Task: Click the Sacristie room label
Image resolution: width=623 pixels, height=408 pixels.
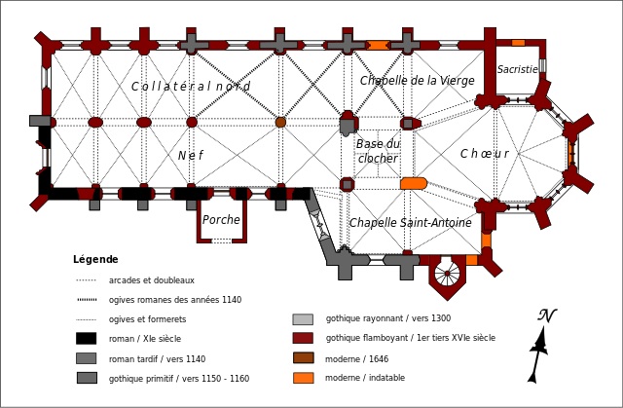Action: coord(517,69)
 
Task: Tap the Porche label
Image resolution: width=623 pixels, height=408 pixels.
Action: coord(221,220)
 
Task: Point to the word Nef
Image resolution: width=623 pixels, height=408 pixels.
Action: coord(191,156)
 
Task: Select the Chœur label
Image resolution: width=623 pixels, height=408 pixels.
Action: coord(485,153)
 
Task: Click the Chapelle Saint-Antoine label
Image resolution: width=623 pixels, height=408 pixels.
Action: coord(411,222)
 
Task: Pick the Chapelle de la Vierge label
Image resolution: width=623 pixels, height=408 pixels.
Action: coord(418,81)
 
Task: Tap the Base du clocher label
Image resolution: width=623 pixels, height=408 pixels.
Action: coord(378,151)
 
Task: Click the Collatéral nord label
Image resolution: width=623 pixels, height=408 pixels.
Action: coord(191,87)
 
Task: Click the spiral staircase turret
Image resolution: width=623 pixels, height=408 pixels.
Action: coord(447,274)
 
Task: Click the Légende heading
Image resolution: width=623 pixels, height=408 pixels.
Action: coord(95,259)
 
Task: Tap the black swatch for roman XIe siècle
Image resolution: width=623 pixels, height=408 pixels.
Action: coord(87,339)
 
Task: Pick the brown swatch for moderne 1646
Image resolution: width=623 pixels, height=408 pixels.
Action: coord(304,358)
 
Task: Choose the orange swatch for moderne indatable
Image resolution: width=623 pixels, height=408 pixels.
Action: coord(304,378)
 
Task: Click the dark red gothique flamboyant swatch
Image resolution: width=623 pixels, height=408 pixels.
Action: coord(303,338)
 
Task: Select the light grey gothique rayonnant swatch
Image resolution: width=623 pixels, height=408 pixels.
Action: coord(303,319)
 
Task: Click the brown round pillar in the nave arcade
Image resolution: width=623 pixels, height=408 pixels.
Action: coord(280,122)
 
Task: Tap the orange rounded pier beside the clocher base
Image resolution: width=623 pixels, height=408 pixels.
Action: coord(414,183)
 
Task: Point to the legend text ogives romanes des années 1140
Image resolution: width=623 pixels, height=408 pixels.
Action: coord(175,300)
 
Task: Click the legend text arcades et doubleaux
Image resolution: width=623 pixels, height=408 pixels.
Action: coord(152,280)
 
